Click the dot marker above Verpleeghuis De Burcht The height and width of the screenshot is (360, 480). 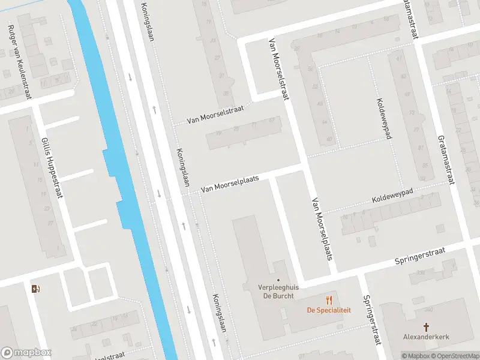[x=278, y=279]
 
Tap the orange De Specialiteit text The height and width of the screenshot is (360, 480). [x=329, y=310]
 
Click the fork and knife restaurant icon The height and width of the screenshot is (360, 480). [x=329, y=299]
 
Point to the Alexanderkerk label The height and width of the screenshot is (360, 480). [x=427, y=337]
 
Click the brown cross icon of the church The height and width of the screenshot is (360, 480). [x=427, y=327]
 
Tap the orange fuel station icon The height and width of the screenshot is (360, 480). [x=35, y=289]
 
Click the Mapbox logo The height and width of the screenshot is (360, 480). [x=26, y=353]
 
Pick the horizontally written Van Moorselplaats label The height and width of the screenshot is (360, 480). [x=229, y=184]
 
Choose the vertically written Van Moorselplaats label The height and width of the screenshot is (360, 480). [x=322, y=229]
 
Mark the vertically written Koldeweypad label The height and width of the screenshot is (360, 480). [x=384, y=118]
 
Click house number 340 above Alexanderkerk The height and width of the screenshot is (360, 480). [x=427, y=310]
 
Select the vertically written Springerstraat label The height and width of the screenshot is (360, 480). [x=370, y=320]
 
